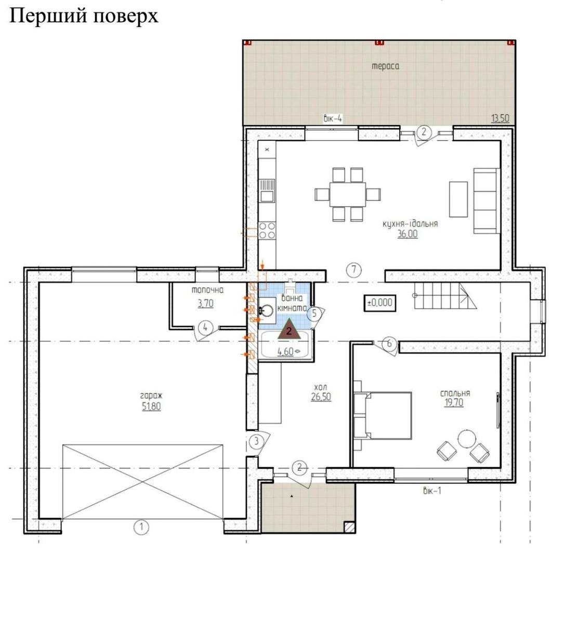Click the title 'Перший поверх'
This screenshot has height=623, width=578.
point(83,16)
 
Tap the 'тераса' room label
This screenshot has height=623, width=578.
point(385,66)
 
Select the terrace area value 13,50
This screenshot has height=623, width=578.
point(500,118)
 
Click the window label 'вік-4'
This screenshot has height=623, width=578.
point(333,118)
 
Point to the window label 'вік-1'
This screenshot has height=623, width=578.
point(431,490)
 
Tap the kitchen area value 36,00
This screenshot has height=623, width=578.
point(407,234)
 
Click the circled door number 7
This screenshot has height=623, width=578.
point(353,269)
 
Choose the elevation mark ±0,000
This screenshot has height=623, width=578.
point(379,302)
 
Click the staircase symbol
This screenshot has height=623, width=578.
point(444,297)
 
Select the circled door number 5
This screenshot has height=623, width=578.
point(313,313)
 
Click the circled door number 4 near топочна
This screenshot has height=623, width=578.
point(205,328)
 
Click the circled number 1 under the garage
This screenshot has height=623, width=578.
point(140,527)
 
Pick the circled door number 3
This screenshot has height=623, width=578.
point(256,441)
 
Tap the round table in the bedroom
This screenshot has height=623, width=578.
point(466,439)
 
